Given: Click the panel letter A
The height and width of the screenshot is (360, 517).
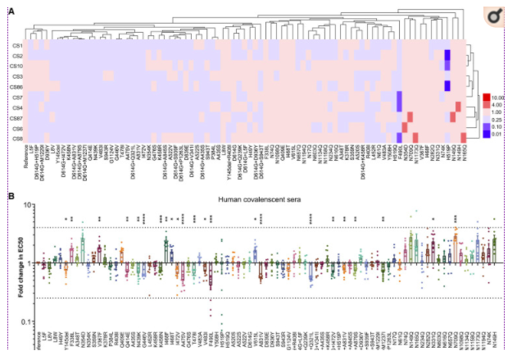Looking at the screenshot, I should pyautogui.click(x=11, y=13).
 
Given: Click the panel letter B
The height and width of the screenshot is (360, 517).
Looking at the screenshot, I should pyautogui.click(x=11, y=195).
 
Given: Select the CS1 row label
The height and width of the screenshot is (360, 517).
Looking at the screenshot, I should pyautogui.click(x=17, y=46).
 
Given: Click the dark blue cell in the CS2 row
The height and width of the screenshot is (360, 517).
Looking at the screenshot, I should pyautogui.click(x=447, y=56).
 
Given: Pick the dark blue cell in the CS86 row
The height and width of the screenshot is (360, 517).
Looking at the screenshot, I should pyautogui.click(x=447, y=86).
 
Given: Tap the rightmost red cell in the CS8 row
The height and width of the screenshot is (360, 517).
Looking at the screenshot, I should pyautogui.click(x=464, y=138).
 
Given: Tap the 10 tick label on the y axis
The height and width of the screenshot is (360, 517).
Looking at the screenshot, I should pyautogui.click(x=29, y=205).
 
